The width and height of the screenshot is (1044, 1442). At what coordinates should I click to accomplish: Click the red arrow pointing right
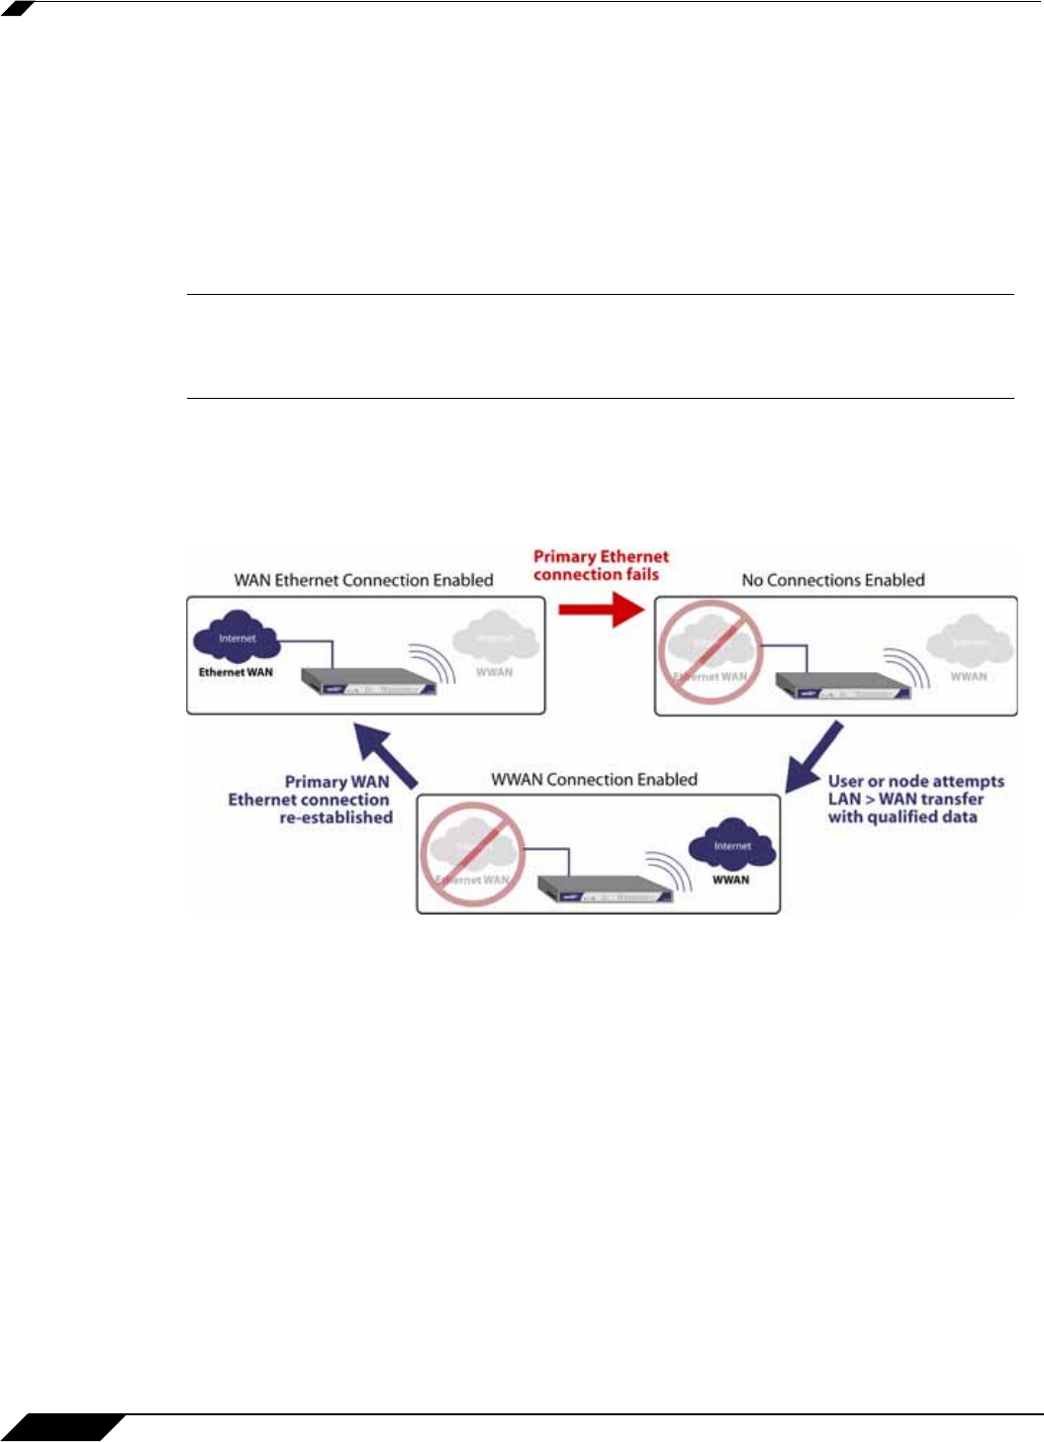[602, 609]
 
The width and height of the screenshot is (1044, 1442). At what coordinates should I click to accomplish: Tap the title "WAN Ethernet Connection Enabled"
[363, 581]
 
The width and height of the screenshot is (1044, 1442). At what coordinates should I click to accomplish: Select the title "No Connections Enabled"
[833, 581]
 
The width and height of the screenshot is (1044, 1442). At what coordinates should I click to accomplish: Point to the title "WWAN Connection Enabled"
[594, 780]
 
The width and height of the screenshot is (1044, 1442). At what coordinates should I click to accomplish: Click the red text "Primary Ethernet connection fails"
[601, 565]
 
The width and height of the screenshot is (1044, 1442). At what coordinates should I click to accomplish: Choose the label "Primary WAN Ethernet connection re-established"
[311, 800]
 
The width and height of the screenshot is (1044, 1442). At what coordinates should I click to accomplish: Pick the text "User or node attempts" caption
[915, 782]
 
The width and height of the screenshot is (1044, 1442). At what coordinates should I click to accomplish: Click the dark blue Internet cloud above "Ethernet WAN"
[237, 638]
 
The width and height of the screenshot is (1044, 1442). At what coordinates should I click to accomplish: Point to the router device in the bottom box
[606, 889]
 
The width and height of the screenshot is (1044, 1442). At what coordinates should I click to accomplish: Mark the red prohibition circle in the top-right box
[711, 653]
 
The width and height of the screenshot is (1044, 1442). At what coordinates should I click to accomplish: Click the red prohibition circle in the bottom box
[472, 853]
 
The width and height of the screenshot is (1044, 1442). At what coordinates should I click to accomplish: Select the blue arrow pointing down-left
[813, 757]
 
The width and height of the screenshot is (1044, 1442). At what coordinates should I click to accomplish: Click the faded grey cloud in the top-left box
[496, 638]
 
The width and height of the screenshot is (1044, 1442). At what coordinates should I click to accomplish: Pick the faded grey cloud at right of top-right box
[970, 642]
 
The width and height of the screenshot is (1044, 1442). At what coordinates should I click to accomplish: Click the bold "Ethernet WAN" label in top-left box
[236, 673]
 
